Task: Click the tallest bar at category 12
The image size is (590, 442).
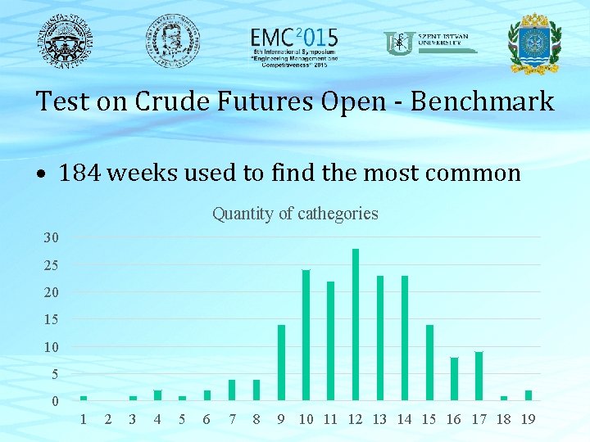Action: click(x=356, y=325)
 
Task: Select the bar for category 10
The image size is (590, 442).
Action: click(x=306, y=336)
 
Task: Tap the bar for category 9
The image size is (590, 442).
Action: click(x=281, y=363)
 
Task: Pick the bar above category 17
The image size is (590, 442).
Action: click(x=479, y=376)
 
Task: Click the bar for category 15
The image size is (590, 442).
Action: click(x=429, y=363)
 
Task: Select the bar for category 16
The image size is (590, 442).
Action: click(x=454, y=379)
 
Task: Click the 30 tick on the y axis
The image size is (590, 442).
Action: click(x=51, y=238)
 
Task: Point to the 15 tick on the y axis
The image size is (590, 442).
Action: click(x=51, y=319)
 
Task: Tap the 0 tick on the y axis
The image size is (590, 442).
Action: click(x=55, y=401)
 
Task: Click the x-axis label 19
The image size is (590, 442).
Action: click(x=529, y=419)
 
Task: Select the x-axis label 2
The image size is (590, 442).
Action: click(x=108, y=419)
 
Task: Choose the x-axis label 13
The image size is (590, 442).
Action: click(x=379, y=419)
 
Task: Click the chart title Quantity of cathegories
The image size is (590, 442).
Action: click(x=295, y=214)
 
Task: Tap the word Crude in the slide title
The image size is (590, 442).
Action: click(x=171, y=101)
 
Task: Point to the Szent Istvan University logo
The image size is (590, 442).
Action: click(x=430, y=43)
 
